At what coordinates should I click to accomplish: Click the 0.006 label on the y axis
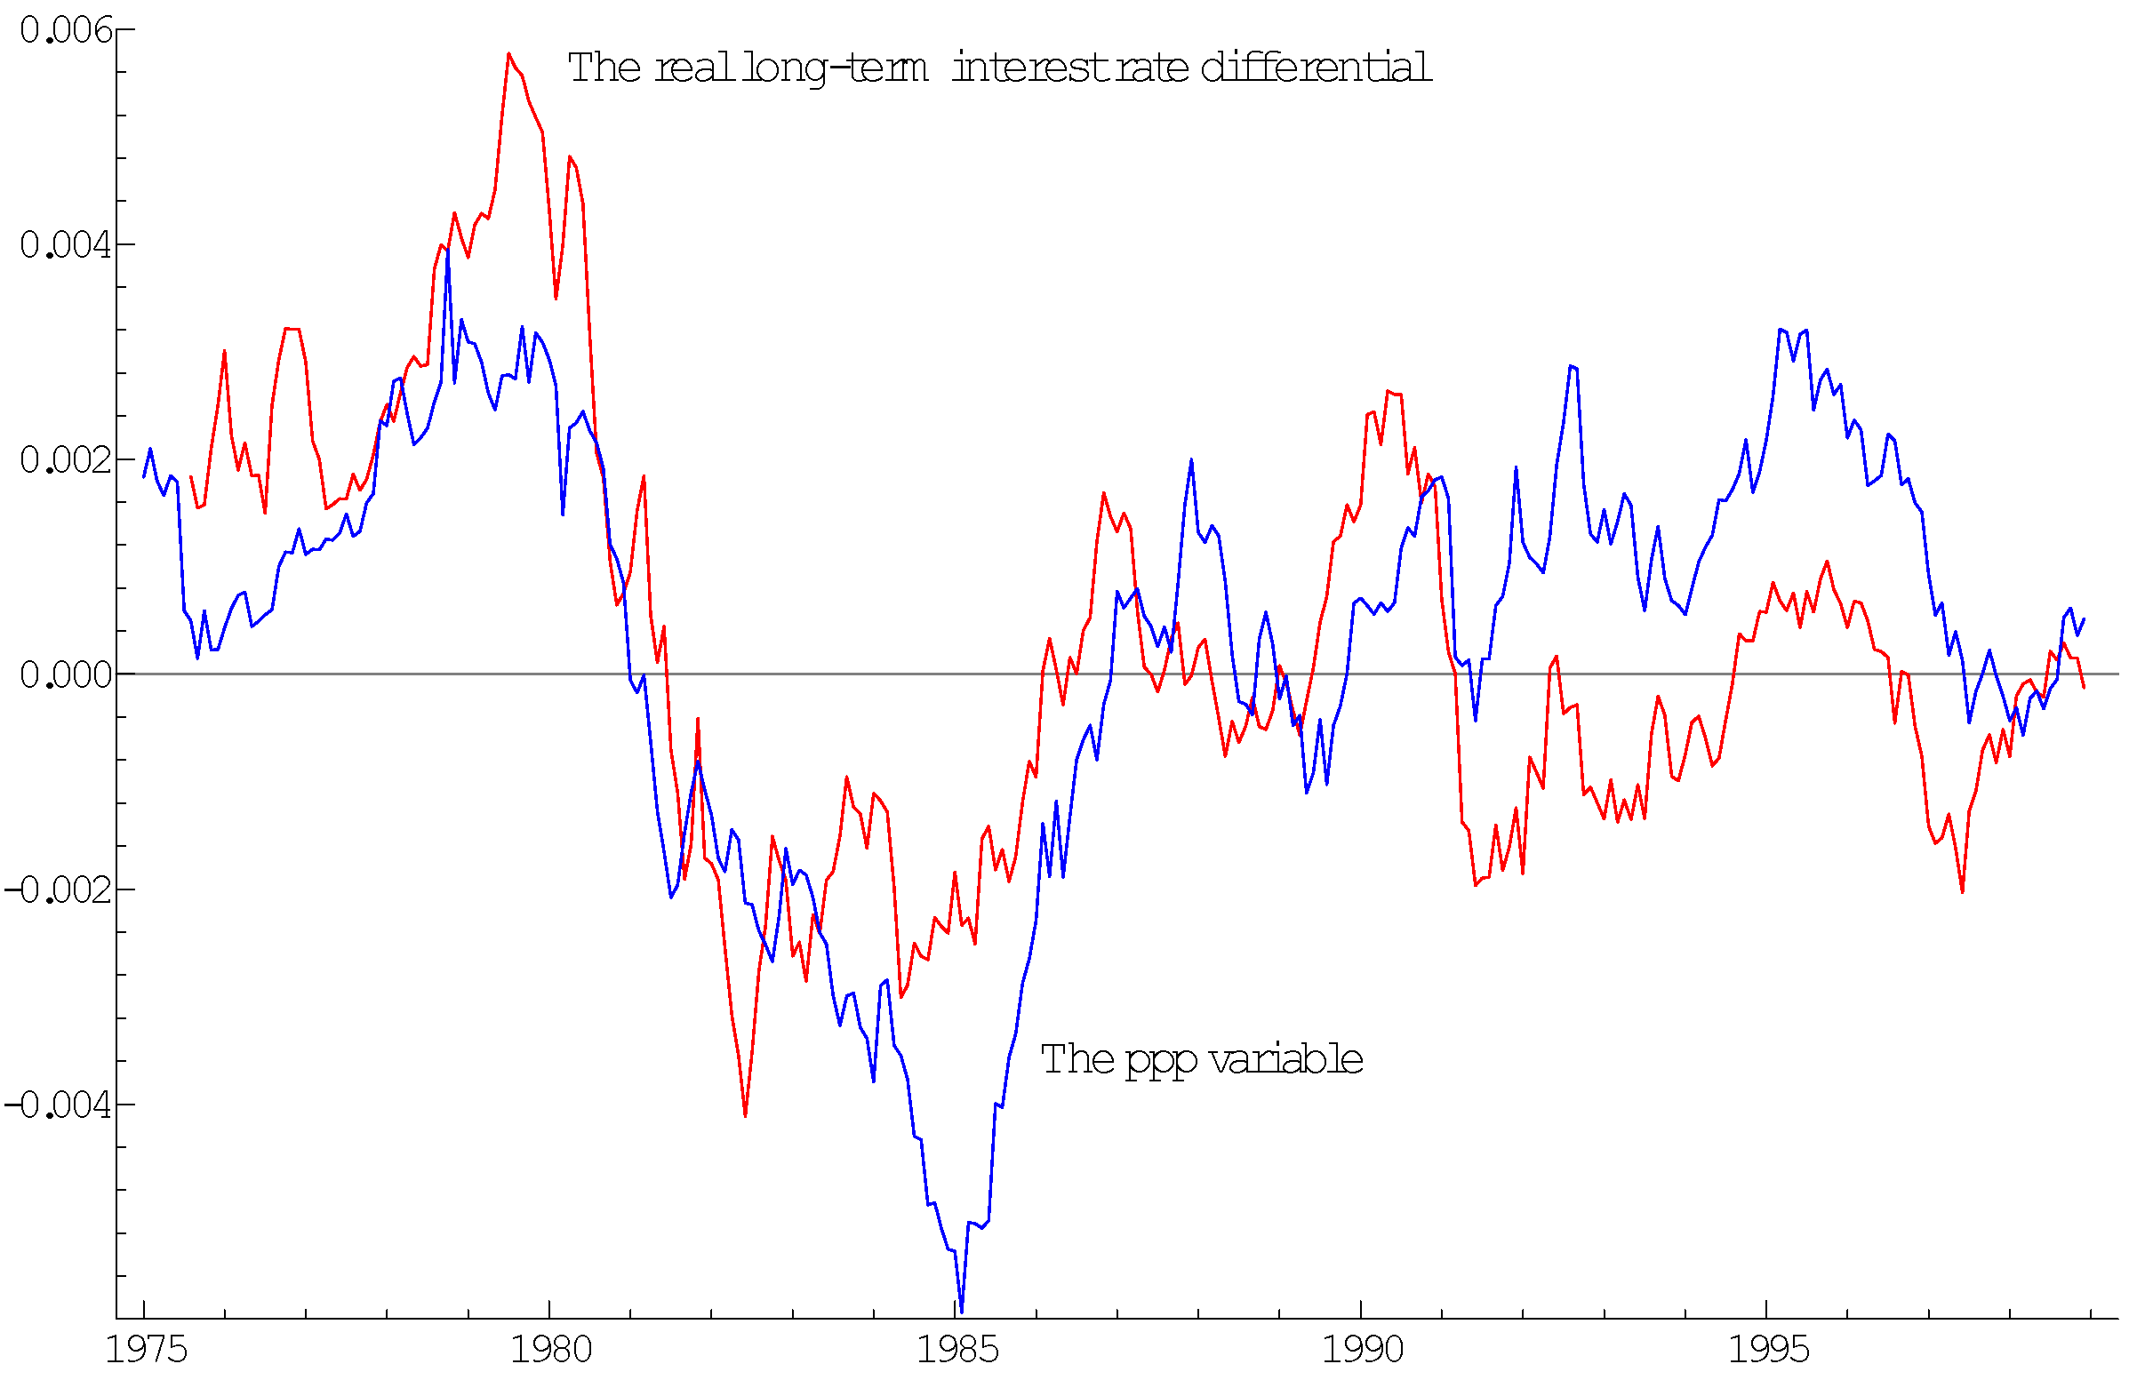pos(67,30)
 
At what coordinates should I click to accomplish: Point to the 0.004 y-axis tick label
pos(67,244)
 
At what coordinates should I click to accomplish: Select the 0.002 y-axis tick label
pos(67,459)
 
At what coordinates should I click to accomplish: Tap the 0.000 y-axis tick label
pos(67,674)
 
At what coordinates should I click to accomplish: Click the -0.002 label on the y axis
pos(60,889)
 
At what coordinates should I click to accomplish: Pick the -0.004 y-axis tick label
pos(60,1105)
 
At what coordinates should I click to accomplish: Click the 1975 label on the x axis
pos(146,1350)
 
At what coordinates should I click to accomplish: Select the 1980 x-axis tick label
pos(551,1350)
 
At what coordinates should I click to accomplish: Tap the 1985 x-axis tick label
pos(957,1350)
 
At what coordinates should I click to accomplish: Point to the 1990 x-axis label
pos(1363,1350)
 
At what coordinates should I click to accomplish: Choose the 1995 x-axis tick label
pos(1768,1350)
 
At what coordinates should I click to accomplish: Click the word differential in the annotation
pos(1315,68)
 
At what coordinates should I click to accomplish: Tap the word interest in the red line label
pos(1030,68)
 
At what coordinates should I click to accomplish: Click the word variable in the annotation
pos(1285,1059)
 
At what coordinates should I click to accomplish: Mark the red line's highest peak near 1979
pos(509,54)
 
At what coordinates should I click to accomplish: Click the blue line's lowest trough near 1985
pos(961,1312)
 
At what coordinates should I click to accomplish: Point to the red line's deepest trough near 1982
pos(745,1116)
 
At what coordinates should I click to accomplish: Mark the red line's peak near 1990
pos(1388,392)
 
